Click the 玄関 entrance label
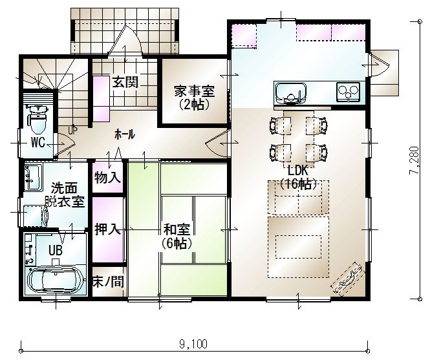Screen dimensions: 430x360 coord(125,81)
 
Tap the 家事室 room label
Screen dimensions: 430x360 coord(194,90)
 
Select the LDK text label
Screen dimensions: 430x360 coord(298,170)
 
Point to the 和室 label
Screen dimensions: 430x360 coord(177,229)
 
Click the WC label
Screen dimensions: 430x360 coord(38,142)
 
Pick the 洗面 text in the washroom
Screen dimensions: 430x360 coord(65,189)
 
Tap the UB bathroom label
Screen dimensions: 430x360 coord(56,250)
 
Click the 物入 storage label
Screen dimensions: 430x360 coord(107,177)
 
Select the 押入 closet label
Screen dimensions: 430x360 coord(107,229)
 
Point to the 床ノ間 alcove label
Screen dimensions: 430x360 coord(108,282)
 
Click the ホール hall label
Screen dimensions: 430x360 coord(125,134)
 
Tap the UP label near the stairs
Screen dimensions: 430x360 coord(72,131)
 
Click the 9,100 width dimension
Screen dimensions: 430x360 coord(193,344)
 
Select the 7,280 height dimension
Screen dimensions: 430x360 coord(414,160)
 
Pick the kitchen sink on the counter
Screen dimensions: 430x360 coord(291,93)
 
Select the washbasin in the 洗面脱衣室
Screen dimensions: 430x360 coord(34,177)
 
